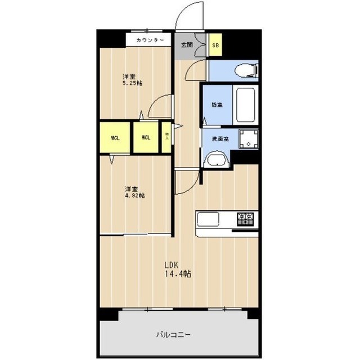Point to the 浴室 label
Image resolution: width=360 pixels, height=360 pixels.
click(x=217, y=105)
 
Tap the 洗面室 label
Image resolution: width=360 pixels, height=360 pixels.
click(x=219, y=138)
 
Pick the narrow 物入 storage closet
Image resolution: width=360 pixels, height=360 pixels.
click(x=167, y=136)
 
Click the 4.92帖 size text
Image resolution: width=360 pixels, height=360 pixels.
click(x=134, y=196)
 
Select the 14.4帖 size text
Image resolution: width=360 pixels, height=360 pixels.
click(x=177, y=274)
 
